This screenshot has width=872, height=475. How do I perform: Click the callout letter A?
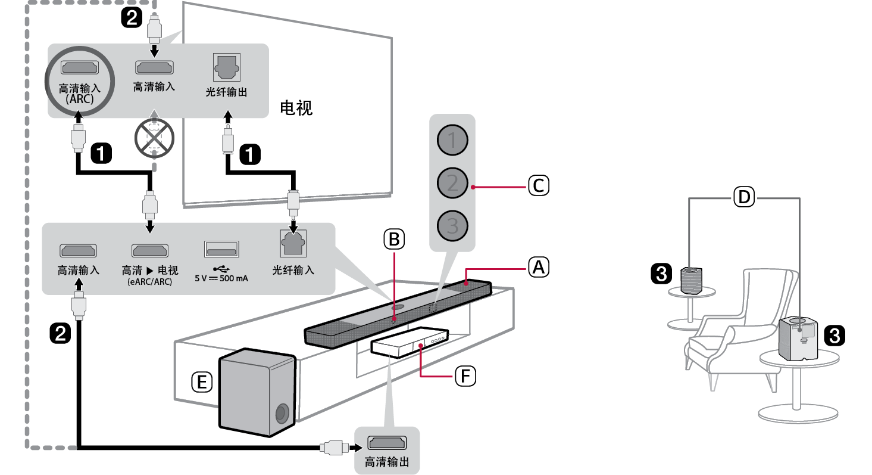(537, 268)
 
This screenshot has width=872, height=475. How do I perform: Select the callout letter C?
(538, 186)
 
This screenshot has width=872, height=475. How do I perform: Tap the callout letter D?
(744, 197)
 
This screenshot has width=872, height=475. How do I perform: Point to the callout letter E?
(202, 382)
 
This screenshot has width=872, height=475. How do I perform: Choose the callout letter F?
(465, 376)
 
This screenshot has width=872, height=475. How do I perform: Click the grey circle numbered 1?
(452, 141)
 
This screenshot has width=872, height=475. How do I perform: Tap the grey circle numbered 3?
(452, 226)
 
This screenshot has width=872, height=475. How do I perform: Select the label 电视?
(296, 108)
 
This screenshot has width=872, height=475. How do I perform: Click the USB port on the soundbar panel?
(221, 249)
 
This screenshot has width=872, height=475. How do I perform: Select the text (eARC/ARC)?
(149, 282)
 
